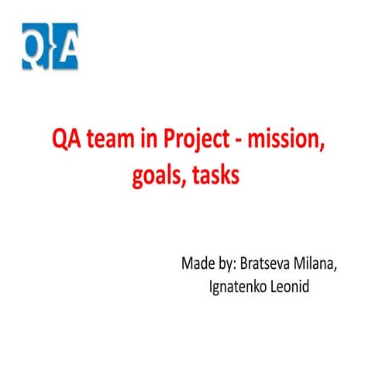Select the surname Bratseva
point(276,263)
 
